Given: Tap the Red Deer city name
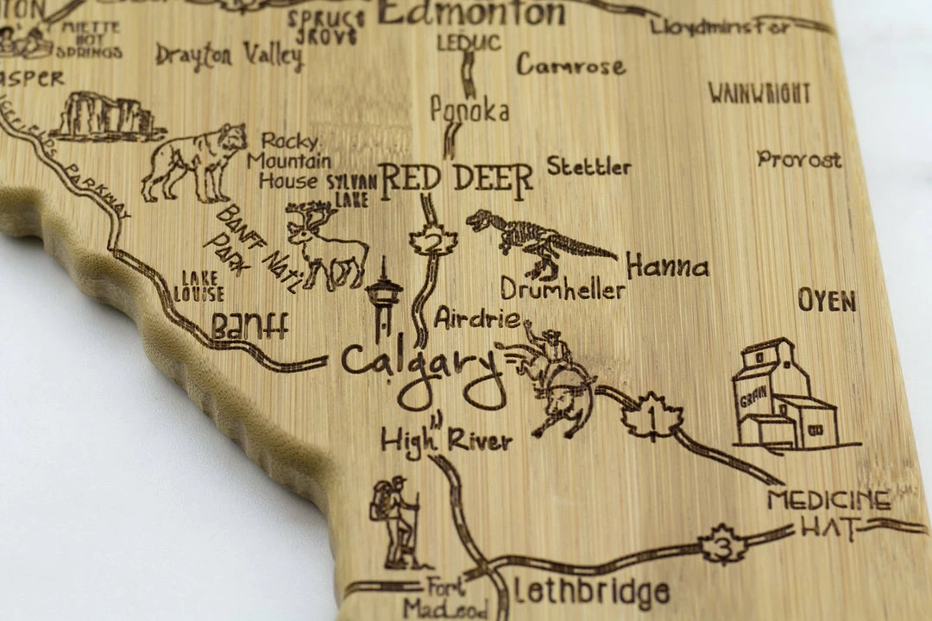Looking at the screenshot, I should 457,179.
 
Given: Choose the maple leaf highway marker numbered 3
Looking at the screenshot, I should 723,544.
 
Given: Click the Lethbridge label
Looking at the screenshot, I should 591,593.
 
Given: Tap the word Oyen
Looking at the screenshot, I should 827,301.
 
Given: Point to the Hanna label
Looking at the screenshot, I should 667,266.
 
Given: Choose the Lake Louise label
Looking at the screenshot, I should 198,285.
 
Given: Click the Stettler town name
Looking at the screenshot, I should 589,166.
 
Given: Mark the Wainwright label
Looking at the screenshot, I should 759,93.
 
